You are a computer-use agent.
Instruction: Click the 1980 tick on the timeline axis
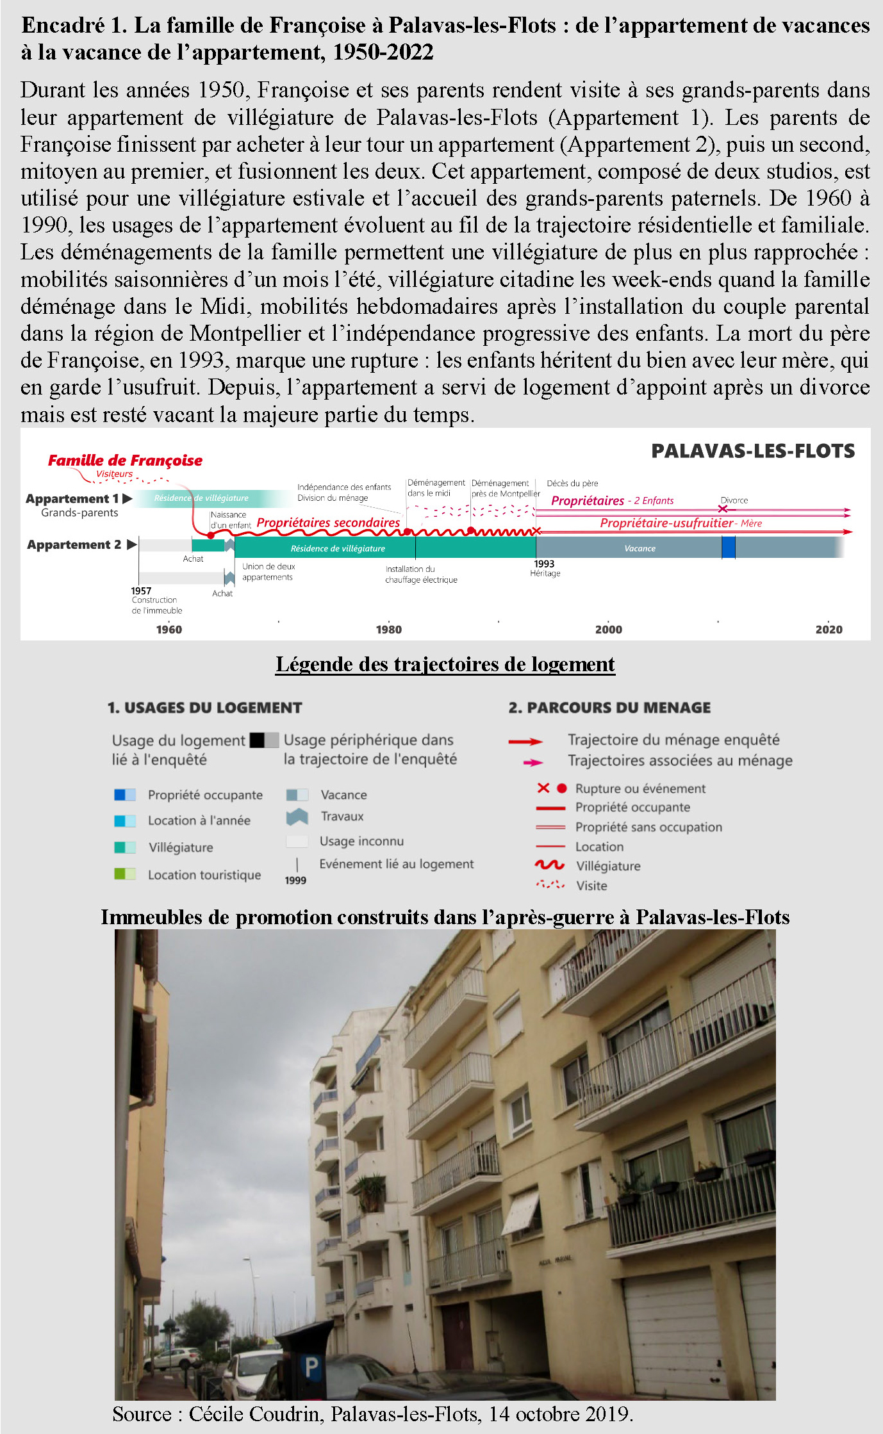point(388,629)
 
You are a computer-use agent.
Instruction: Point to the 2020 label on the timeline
point(829,629)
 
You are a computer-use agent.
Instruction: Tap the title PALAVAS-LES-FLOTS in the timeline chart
point(753,451)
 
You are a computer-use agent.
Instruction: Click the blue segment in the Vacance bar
point(728,548)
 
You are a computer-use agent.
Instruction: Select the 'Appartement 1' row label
point(72,498)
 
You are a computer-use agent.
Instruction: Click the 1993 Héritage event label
point(545,568)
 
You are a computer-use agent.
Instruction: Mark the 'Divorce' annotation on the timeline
point(734,500)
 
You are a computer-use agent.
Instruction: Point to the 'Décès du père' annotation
point(572,483)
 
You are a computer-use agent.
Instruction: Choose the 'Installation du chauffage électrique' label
point(421,574)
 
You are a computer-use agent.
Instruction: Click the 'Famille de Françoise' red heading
point(125,460)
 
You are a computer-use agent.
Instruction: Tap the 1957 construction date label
point(142,591)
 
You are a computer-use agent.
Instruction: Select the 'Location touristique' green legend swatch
point(124,874)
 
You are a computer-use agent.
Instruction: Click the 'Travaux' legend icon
point(297,817)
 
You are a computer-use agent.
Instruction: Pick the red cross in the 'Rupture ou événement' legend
point(543,788)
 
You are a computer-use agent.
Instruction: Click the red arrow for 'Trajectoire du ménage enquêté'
point(525,742)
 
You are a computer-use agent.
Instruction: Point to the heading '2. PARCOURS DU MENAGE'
point(609,707)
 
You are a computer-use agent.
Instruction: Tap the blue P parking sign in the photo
point(311,1367)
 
